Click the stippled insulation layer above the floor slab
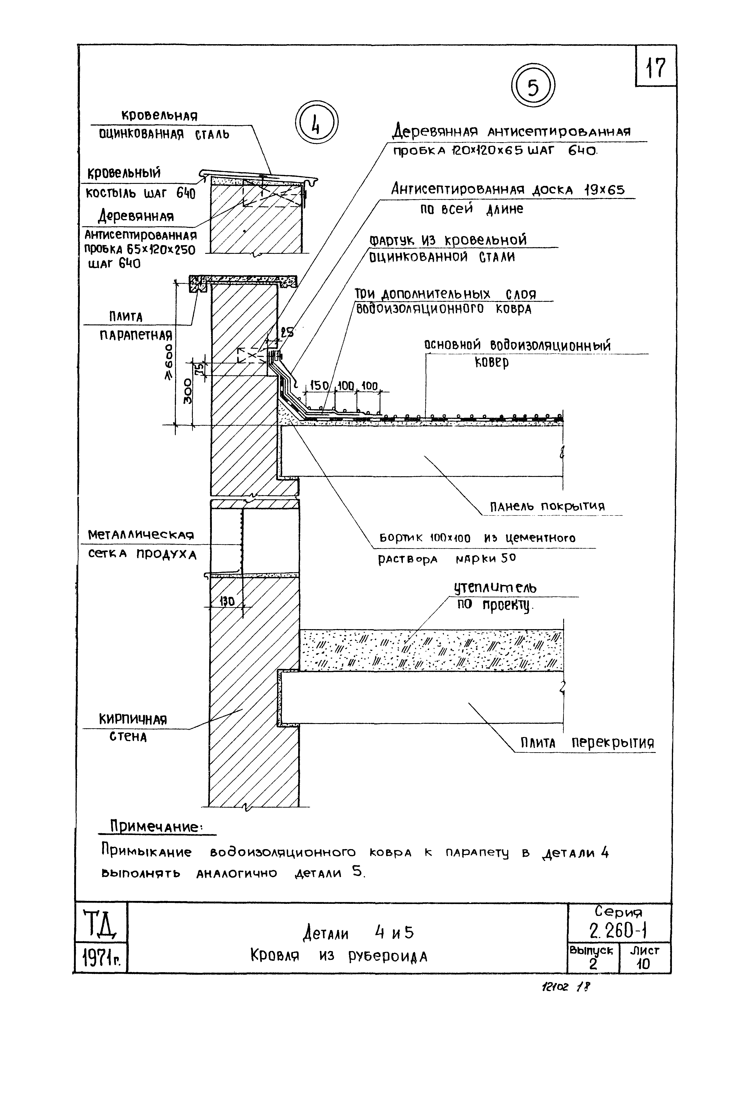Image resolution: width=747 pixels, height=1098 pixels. pyautogui.click(x=430, y=650)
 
